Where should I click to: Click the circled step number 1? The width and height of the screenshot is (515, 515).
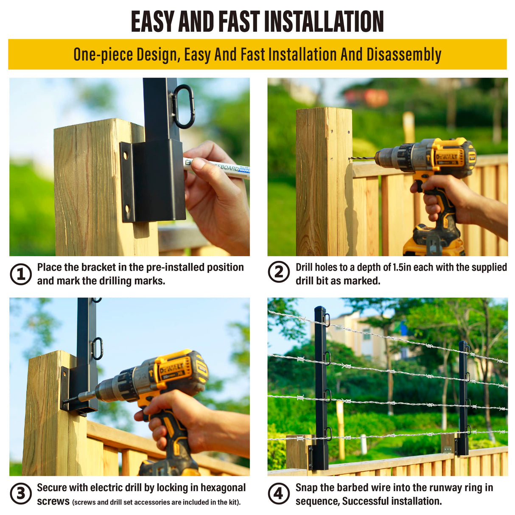[x=20, y=274]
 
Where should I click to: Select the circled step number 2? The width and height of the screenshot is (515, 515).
[x=279, y=272]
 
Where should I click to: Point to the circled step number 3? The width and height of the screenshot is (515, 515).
[x=20, y=493]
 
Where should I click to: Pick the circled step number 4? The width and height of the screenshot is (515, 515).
[x=279, y=493]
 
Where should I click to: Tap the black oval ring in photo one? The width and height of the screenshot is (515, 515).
[x=183, y=106]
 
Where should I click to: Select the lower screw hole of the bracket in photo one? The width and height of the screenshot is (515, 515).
[x=127, y=209]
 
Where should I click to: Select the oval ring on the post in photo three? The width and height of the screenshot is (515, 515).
[x=98, y=349]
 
